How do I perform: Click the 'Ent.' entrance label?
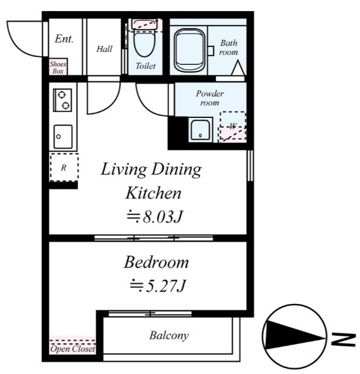click(x=64, y=39)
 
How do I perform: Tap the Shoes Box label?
click(x=58, y=67)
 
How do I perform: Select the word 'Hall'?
click(x=104, y=48)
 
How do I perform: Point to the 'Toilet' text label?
click(x=145, y=66)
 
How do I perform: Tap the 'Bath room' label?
click(x=228, y=48)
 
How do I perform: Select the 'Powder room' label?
click(x=210, y=98)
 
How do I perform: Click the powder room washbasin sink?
click(x=200, y=130)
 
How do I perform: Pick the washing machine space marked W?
click(x=232, y=126)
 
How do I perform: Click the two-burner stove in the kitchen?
click(x=64, y=100)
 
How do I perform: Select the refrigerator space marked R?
click(x=64, y=168)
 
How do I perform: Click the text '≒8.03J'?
click(x=153, y=216)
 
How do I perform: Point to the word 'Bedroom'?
click(x=156, y=263)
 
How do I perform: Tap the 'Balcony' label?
click(x=169, y=336)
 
